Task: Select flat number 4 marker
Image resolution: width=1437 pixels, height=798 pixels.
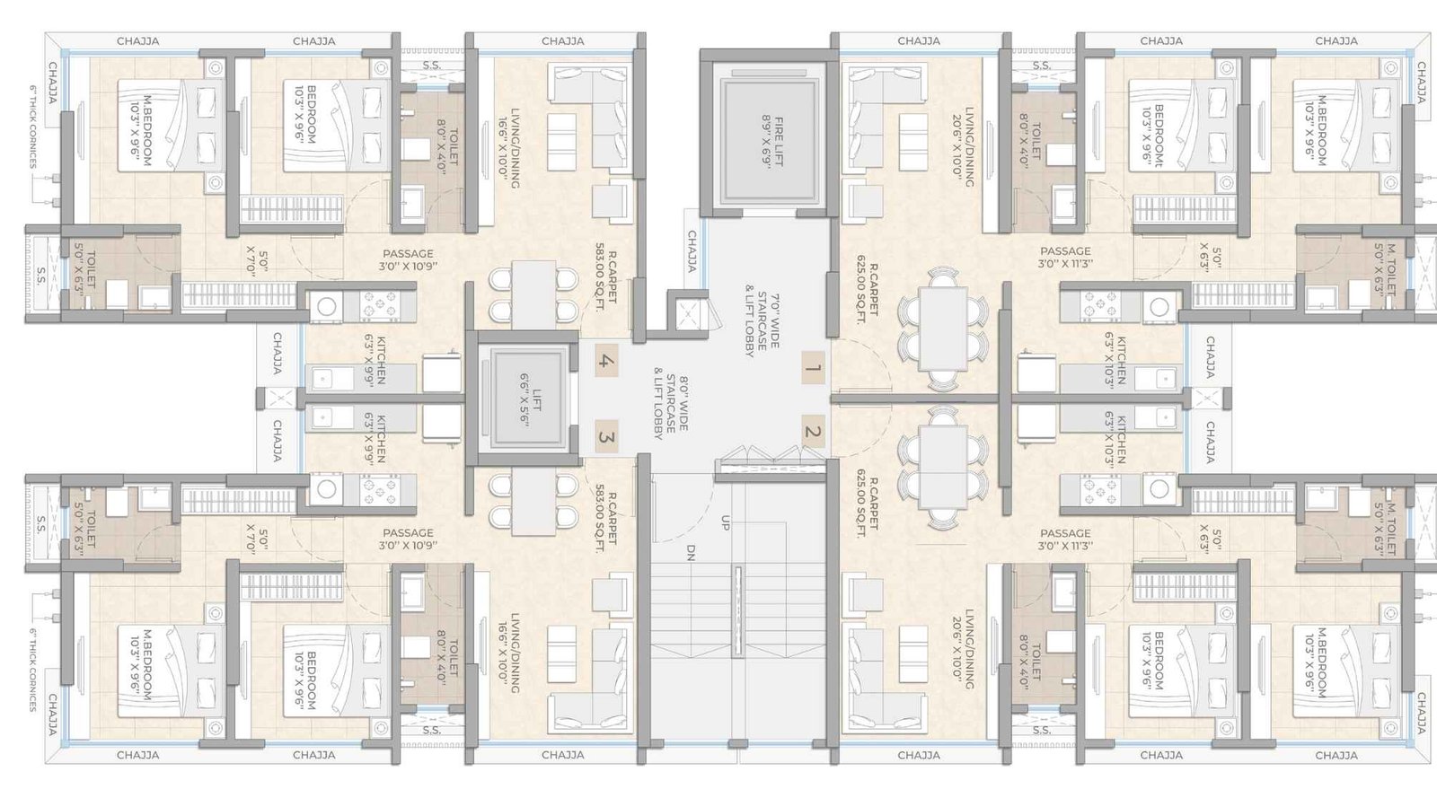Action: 606,362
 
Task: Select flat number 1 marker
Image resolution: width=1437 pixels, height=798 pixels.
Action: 813,367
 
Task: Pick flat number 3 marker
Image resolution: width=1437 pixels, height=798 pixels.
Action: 606,437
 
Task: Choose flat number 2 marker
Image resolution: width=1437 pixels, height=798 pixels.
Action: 813,432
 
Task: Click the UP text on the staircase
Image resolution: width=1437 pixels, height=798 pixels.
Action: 725,522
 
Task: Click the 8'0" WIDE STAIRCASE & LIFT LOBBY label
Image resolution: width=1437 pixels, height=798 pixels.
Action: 671,407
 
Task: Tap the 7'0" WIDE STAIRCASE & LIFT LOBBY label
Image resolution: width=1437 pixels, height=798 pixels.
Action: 762,323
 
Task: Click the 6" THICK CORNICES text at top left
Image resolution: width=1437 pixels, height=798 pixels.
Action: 32,127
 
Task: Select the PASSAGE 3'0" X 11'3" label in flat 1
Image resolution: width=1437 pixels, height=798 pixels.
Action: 1065,258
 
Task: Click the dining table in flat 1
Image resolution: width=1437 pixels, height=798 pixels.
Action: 943,328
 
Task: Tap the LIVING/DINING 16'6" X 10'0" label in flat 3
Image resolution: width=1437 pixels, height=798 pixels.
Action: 509,652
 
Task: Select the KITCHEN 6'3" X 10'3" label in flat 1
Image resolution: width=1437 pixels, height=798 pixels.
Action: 1115,360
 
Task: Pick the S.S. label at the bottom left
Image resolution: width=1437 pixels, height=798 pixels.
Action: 41,523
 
